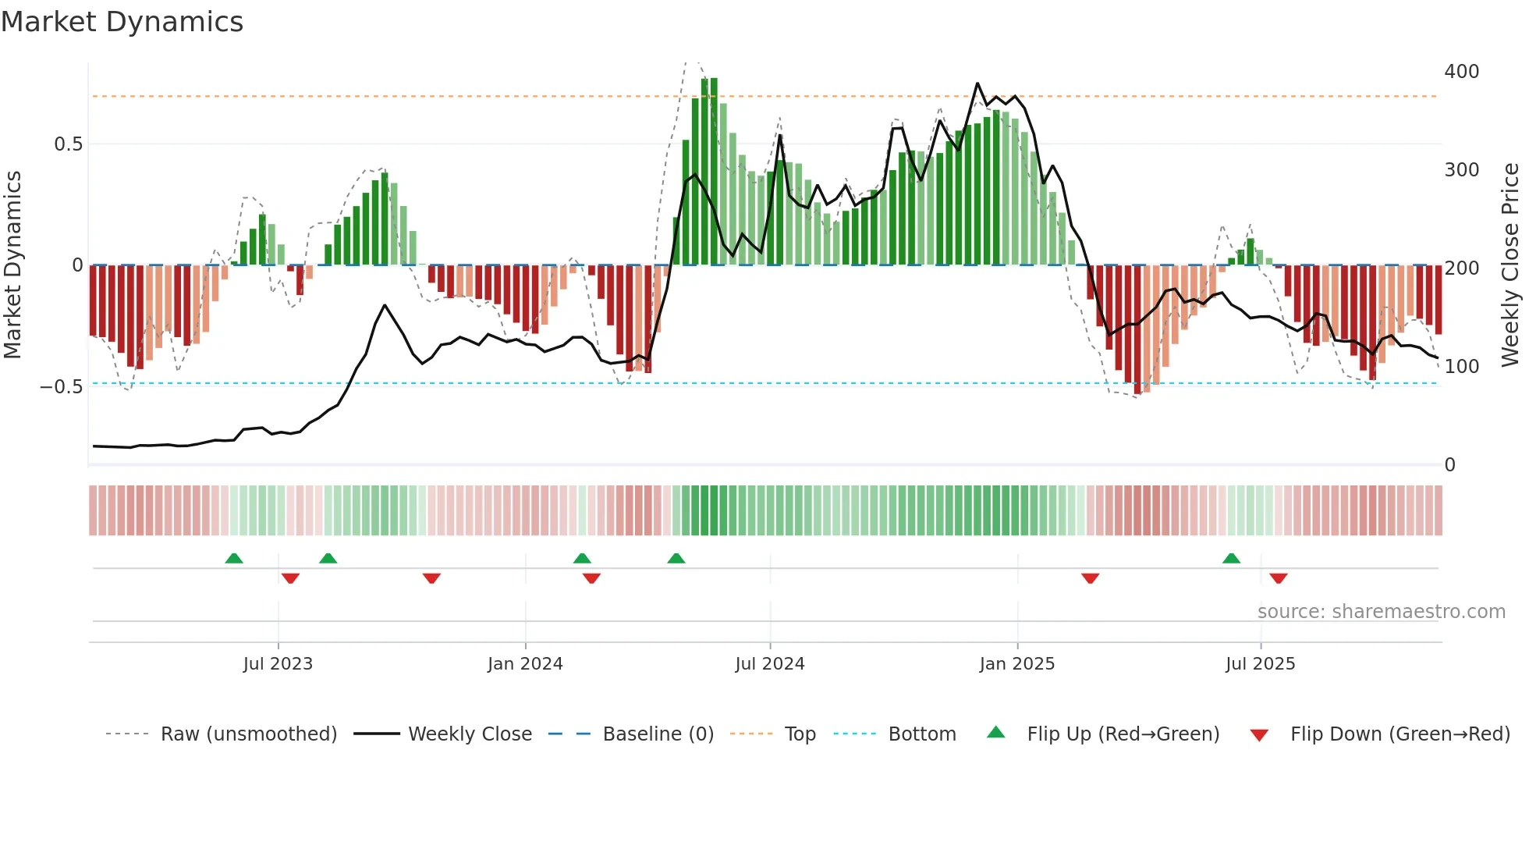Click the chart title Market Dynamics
click(x=122, y=22)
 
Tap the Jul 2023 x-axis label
click(x=278, y=664)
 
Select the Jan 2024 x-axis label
click(x=525, y=664)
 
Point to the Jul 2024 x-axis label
click(x=770, y=664)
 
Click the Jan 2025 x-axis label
click(x=1017, y=664)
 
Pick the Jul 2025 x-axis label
click(x=1261, y=664)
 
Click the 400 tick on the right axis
click(x=1462, y=72)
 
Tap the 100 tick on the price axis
click(x=1462, y=367)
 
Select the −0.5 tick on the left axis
click(x=61, y=387)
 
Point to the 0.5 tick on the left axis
click(x=68, y=144)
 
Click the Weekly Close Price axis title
click(x=1510, y=265)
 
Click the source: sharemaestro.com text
click(x=1382, y=612)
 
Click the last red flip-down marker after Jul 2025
click(x=1278, y=578)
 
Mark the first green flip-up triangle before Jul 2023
click(x=234, y=558)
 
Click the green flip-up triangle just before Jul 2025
click(x=1231, y=558)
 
